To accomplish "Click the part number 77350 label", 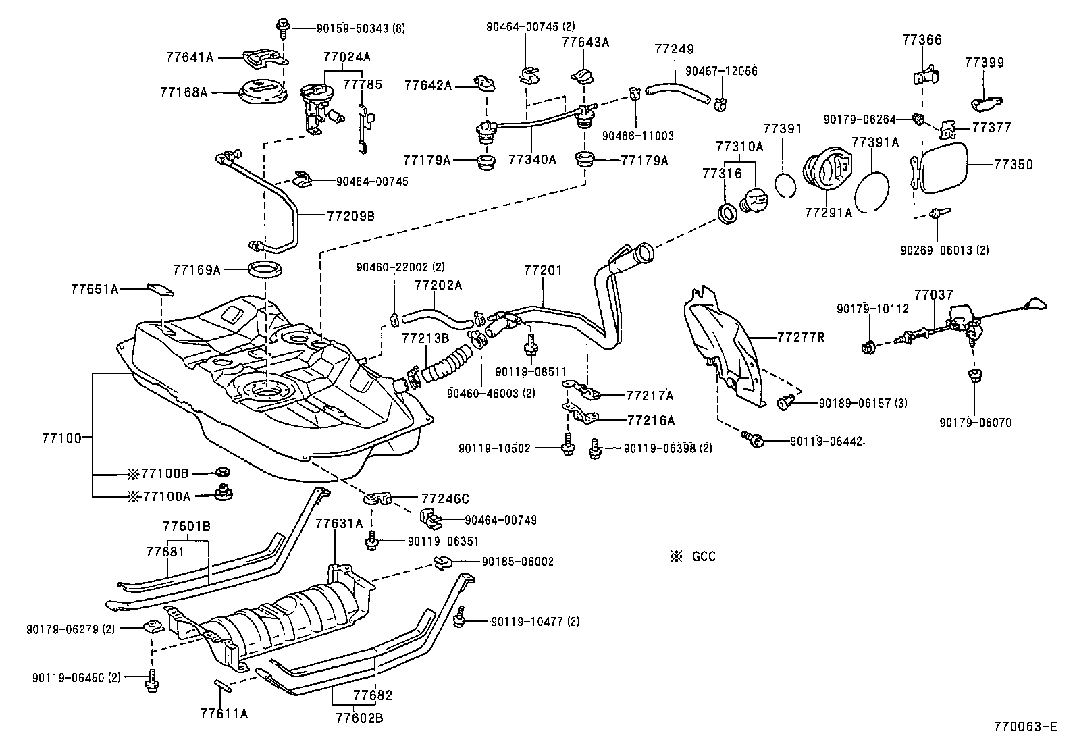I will click(1012, 164).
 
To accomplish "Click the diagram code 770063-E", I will click(1024, 727).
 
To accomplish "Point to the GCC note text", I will click(703, 556).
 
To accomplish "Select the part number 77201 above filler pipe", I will click(543, 270).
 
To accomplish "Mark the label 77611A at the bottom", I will click(224, 713).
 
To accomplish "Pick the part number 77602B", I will click(359, 718).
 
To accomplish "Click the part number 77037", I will click(934, 295).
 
